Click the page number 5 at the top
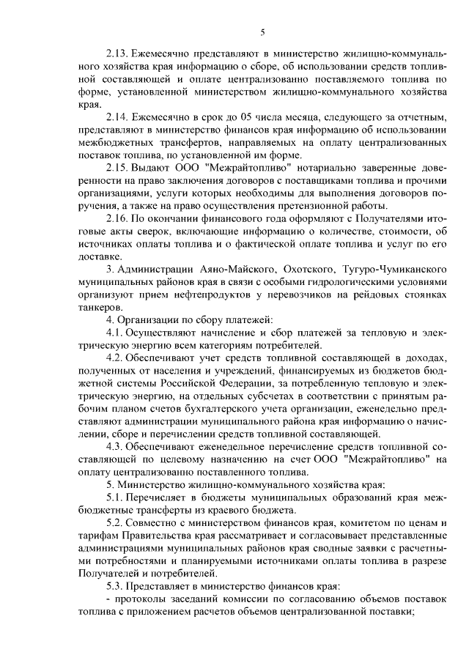click(262, 31)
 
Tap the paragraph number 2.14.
click(119, 117)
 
